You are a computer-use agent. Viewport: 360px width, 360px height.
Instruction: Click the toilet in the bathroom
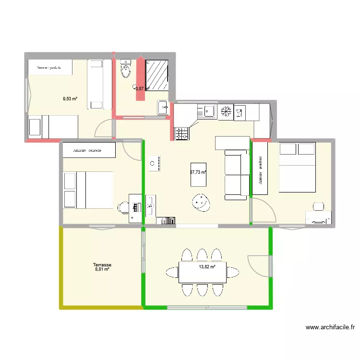tap(126, 69)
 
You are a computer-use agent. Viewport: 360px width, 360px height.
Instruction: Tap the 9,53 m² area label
tap(70, 99)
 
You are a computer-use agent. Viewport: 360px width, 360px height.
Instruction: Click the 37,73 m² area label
tap(198, 172)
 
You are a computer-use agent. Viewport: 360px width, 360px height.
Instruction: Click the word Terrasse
tap(102, 264)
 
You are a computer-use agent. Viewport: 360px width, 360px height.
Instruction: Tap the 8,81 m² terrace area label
tap(102, 270)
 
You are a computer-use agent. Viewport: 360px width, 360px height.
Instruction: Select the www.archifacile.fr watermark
tap(331, 328)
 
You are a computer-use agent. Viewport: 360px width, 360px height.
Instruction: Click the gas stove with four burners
tap(181, 133)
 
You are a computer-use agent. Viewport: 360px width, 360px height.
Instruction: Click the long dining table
tap(203, 273)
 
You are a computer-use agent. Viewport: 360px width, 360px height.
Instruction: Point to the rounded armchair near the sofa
tap(201, 202)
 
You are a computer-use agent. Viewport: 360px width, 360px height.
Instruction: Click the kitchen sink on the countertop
tap(209, 111)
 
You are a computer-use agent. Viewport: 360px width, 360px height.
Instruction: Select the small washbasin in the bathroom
tap(162, 107)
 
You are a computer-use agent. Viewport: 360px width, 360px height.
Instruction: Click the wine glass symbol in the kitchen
tap(239, 113)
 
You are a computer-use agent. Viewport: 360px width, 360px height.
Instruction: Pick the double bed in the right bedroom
tap(297, 168)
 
